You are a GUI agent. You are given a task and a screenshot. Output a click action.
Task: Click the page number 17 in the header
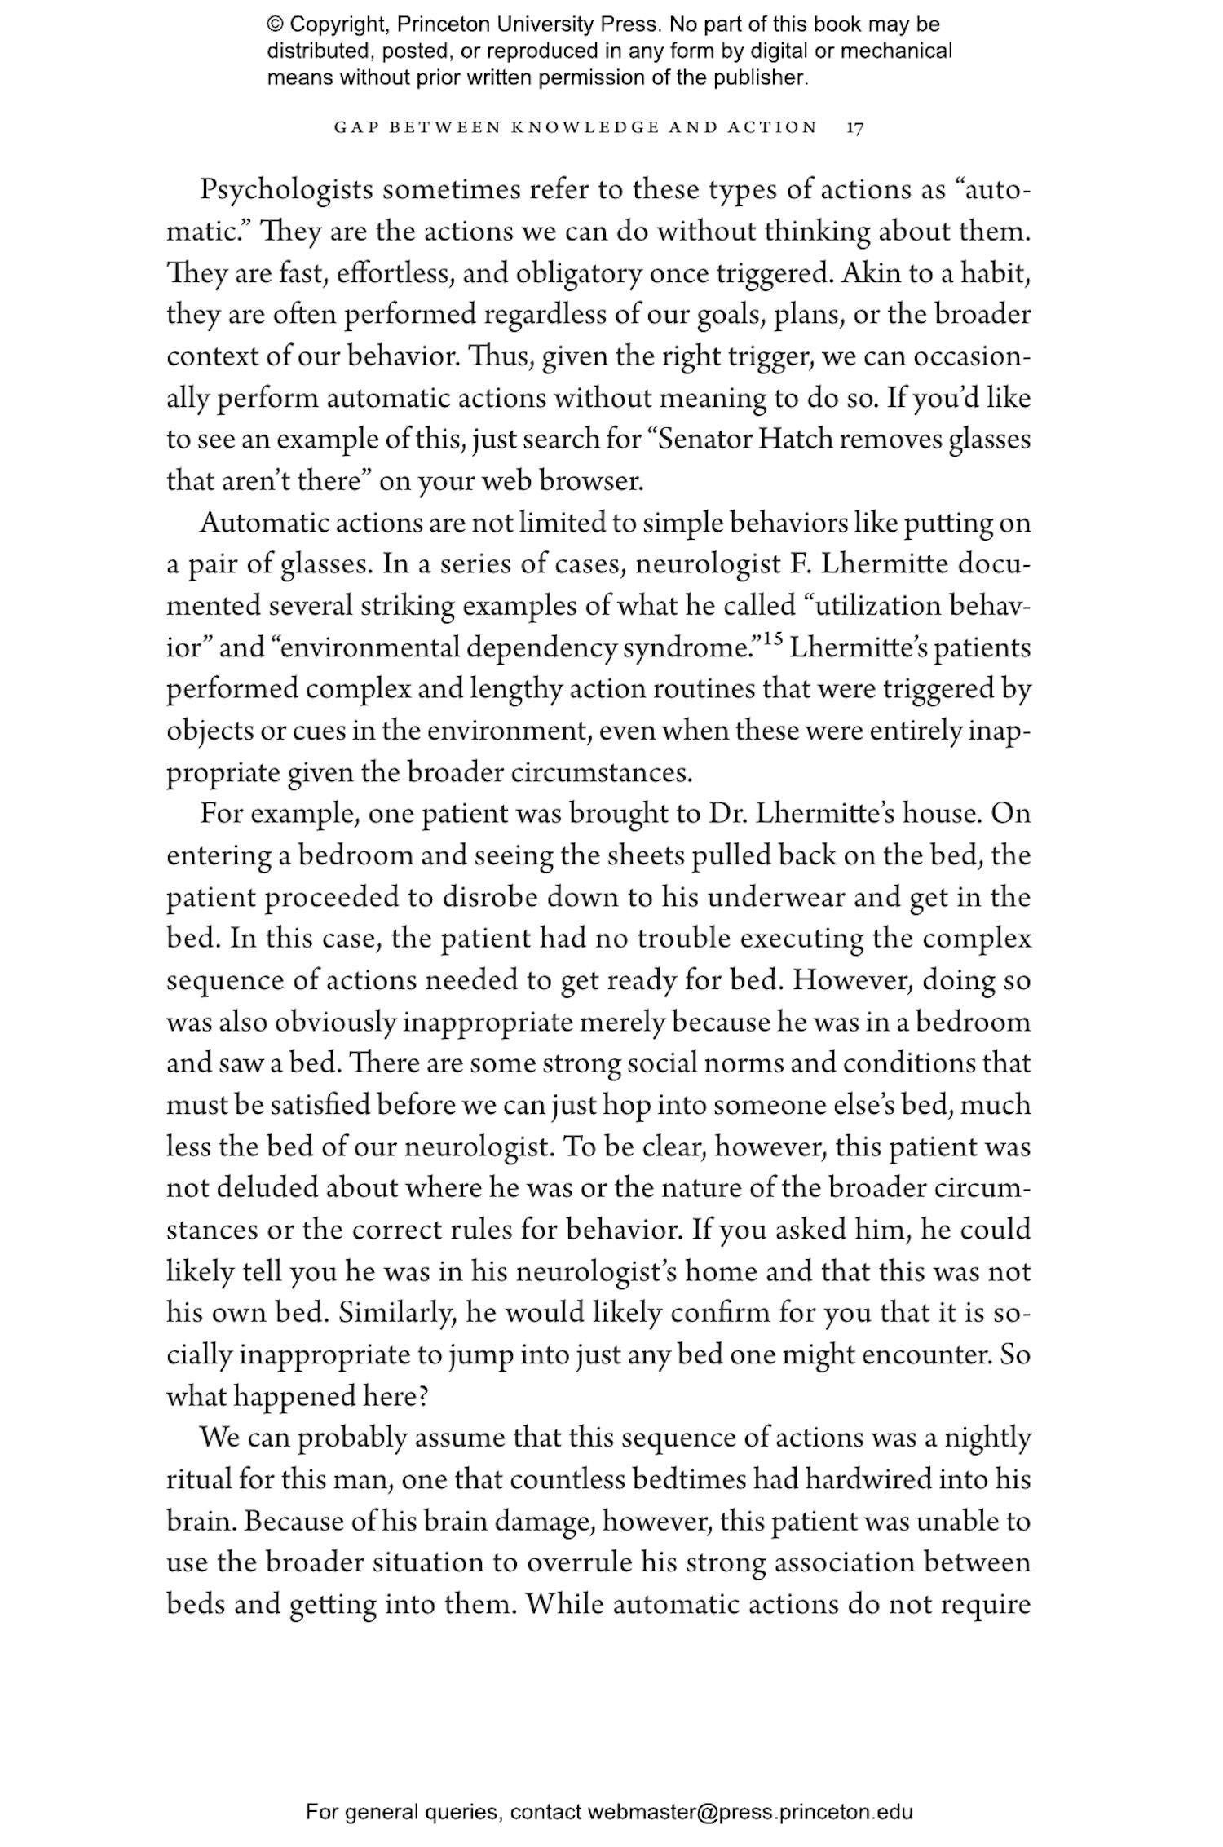coord(854,128)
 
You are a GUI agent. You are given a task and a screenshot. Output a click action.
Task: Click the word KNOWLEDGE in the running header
coord(584,128)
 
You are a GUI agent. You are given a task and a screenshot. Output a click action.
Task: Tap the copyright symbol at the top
coord(274,24)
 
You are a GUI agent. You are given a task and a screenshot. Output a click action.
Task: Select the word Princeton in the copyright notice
coord(436,24)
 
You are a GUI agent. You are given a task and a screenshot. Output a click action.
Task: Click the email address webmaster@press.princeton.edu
coord(749,1812)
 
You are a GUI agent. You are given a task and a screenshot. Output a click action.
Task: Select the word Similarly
coord(399,1314)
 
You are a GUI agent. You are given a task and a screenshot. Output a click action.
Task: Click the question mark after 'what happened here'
coord(422,1398)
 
